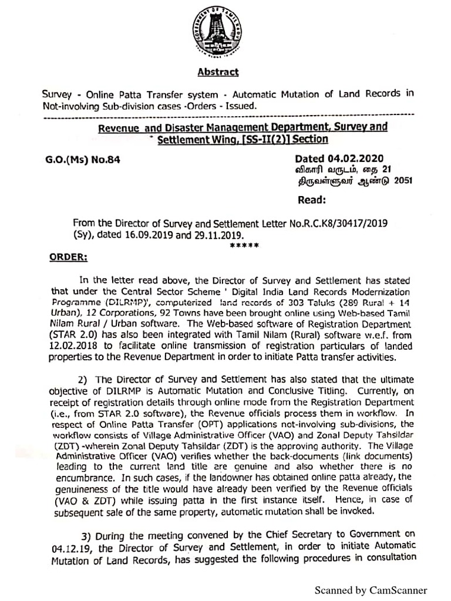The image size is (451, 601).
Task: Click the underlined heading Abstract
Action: pos(218,72)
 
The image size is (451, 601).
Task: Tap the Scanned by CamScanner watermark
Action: pos(371,590)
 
